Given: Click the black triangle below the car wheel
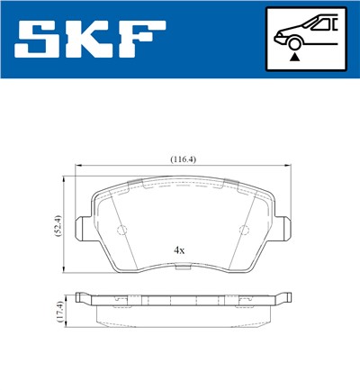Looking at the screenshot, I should [x=293, y=57].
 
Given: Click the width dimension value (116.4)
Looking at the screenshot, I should [x=184, y=159].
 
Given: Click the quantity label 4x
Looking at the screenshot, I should [x=179, y=249].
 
